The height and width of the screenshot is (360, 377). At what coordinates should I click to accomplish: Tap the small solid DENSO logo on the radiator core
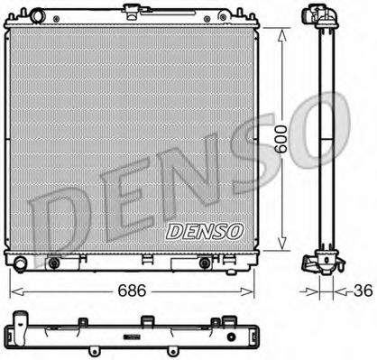pos(205,230)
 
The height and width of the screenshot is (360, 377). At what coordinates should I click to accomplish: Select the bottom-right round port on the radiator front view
pos(206,263)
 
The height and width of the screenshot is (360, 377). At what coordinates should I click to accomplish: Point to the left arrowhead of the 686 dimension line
pos(13,293)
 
